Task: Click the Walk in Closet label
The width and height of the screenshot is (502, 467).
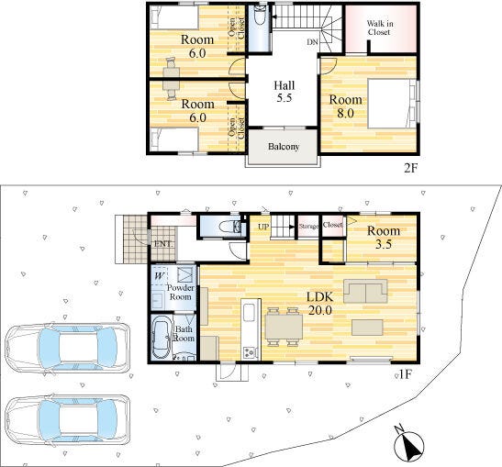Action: click(380, 28)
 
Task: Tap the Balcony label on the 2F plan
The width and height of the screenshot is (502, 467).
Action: click(284, 147)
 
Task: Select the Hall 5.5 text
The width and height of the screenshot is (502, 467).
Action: click(284, 92)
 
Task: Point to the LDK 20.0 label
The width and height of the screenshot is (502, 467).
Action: click(320, 304)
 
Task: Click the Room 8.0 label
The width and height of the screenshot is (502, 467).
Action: click(345, 106)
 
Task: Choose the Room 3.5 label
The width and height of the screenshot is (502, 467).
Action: click(384, 238)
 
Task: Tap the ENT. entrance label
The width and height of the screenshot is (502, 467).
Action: click(162, 243)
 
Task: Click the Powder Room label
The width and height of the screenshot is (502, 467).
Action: click(180, 292)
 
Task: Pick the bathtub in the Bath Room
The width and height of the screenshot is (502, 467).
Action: click(162, 338)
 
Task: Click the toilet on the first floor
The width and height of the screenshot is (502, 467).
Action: click(229, 227)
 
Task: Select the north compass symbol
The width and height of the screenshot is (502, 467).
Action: click(408, 443)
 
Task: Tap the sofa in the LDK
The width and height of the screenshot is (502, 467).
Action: click(365, 291)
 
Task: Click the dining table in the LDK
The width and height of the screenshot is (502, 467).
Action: click(284, 326)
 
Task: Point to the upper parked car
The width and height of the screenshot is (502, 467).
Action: click(68, 348)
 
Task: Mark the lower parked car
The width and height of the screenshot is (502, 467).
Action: click(68, 420)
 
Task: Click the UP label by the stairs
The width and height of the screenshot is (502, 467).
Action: click(263, 227)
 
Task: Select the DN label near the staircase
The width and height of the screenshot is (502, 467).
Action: click(312, 42)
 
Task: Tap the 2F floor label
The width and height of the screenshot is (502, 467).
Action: click(411, 168)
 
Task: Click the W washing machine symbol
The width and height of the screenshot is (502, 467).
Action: click(160, 276)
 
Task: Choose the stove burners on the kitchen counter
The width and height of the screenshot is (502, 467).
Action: click(250, 352)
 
